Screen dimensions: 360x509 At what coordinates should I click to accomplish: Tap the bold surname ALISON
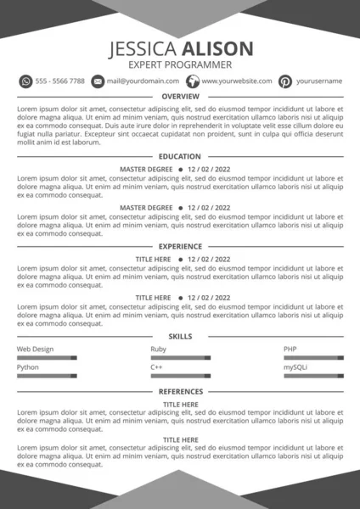(x=212, y=48)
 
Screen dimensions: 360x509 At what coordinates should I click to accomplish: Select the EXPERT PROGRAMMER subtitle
(x=180, y=64)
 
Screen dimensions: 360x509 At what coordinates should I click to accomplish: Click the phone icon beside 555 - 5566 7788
(x=25, y=81)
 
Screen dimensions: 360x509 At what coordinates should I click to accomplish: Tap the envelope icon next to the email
(x=98, y=81)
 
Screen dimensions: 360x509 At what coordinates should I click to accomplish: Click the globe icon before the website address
(x=192, y=81)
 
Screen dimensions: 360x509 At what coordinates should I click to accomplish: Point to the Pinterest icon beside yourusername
(x=286, y=81)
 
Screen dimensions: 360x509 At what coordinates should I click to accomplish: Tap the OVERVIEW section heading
(x=180, y=97)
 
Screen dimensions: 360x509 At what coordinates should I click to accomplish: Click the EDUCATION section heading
(x=180, y=157)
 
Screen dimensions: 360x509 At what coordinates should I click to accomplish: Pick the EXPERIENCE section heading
(x=180, y=246)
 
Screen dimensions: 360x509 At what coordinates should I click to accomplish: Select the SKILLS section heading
(x=180, y=337)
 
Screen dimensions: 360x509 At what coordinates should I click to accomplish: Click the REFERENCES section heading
(x=180, y=392)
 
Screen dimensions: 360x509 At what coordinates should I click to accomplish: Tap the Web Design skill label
(x=36, y=350)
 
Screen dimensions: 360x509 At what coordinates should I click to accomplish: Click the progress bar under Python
(x=47, y=376)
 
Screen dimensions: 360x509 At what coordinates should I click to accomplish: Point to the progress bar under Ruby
(x=180, y=358)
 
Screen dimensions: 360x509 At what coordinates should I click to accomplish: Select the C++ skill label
(x=156, y=367)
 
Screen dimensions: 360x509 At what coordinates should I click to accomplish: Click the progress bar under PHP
(x=313, y=358)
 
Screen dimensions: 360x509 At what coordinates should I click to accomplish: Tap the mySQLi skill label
(x=295, y=367)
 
